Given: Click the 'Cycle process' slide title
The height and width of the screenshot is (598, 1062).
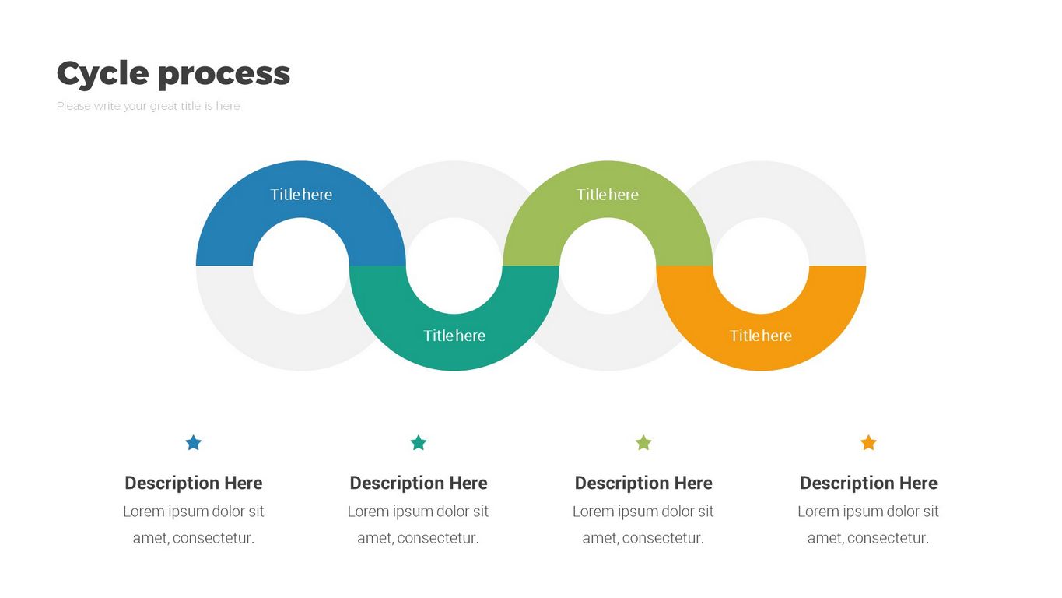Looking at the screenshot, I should pyautogui.click(x=173, y=73).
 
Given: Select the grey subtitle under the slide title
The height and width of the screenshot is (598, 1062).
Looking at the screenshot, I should pyautogui.click(x=148, y=106).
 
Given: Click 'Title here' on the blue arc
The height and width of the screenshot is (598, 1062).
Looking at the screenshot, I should pyautogui.click(x=301, y=195).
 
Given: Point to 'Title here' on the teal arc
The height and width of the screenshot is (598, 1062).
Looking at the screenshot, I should pyautogui.click(x=454, y=336).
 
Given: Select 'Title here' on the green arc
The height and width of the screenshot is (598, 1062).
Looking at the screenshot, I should pyautogui.click(x=608, y=195).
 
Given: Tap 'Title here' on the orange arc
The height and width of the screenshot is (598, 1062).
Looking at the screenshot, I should pyautogui.click(x=761, y=336).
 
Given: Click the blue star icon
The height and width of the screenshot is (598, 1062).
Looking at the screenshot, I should pyautogui.click(x=194, y=443).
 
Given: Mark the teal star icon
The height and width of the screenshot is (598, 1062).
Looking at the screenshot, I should pyautogui.click(x=419, y=443).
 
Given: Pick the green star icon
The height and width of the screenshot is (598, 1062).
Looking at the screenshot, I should pyautogui.click(x=643, y=443).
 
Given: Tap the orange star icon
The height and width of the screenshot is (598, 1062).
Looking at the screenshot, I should pyautogui.click(x=868, y=443).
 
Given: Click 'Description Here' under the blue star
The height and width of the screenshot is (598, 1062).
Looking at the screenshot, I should pyautogui.click(x=194, y=483).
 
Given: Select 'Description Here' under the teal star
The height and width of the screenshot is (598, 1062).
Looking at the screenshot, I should pyautogui.click(x=419, y=483).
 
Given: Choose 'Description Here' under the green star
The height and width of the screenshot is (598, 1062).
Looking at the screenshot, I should pyautogui.click(x=643, y=483).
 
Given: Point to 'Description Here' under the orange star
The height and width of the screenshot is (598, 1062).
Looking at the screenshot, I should pyautogui.click(x=868, y=483).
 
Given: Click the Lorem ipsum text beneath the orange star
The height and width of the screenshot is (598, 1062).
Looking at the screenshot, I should pyautogui.click(x=868, y=524).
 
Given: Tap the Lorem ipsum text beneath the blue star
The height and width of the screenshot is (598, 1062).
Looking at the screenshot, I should pyautogui.click(x=194, y=524).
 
